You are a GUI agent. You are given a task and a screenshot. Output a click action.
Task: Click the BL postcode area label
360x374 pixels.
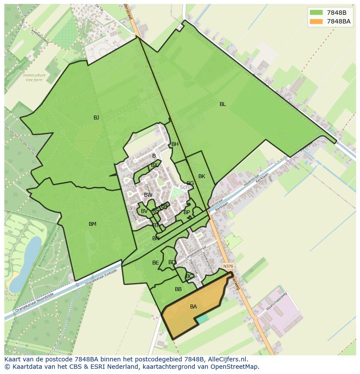point(223,104)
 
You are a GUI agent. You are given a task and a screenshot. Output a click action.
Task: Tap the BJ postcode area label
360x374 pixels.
point(96,118)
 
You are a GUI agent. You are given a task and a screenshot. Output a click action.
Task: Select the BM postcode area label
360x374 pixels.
point(93,224)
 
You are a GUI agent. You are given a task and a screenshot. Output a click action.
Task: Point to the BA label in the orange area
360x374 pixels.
point(193,307)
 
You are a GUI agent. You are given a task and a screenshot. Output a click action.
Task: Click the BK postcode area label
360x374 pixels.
point(202,176)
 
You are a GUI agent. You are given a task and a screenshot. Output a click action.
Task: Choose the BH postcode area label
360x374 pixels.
point(175,144)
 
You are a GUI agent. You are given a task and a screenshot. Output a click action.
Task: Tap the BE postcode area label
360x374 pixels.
point(156,263)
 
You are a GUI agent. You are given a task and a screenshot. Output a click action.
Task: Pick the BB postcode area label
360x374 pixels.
point(178,289)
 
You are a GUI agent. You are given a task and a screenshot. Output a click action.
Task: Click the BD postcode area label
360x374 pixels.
point(172,262)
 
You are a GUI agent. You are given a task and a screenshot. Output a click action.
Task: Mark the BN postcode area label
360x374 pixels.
point(156,238)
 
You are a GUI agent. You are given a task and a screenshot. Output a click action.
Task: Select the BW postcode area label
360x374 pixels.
point(148,195)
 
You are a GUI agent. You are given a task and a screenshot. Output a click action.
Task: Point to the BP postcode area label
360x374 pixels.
point(187,212)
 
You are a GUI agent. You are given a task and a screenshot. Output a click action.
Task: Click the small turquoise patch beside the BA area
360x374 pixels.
point(202,319)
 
